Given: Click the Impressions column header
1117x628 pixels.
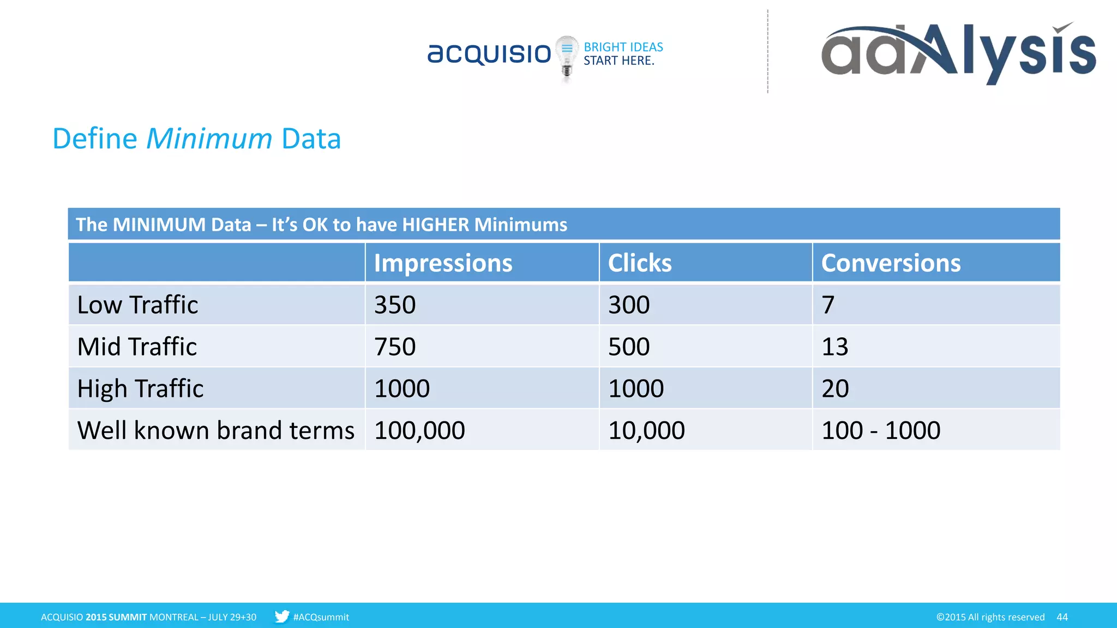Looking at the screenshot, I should click(x=443, y=263).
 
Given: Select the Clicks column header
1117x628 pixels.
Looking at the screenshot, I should click(x=640, y=263).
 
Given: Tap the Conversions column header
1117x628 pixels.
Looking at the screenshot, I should click(x=891, y=263).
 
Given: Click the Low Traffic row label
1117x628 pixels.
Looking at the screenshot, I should click(x=137, y=305).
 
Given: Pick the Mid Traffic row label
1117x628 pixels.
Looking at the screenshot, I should click(x=137, y=347).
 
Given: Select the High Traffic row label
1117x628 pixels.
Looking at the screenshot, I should click(x=140, y=389).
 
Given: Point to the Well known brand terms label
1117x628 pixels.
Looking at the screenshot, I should click(x=215, y=431).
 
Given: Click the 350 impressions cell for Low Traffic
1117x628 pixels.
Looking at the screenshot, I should click(x=395, y=305).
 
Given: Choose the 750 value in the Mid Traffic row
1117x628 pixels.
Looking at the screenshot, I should click(x=395, y=347).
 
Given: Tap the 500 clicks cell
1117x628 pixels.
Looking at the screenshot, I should click(x=629, y=347).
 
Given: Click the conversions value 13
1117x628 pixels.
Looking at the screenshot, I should click(x=835, y=347).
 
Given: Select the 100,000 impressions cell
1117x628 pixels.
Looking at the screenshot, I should click(x=419, y=431).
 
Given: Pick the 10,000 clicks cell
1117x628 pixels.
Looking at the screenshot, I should click(x=646, y=431).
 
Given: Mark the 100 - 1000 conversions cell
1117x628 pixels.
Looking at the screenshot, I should click(x=881, y=431).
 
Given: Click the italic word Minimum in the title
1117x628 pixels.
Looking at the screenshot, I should click(x=209, y=138).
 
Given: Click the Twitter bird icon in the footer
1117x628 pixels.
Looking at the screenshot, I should click(x=281, y=617).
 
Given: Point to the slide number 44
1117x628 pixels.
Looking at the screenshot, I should click(x=1062, y=617).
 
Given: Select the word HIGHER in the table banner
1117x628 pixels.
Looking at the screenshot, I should click(x=435, y=225).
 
